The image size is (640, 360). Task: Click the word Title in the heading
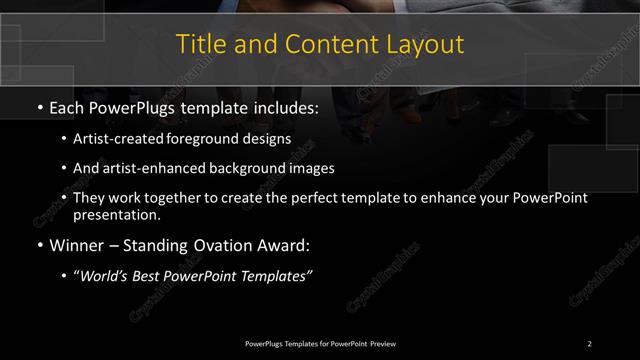pyautogui.click(x=199, y=44)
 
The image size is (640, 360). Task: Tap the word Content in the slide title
pyautogui.click(x=330, y=44)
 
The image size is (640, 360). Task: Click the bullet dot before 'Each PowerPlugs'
pyautogui.click(x=38, y=105)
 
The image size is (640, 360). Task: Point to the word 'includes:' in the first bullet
pyautogui.click(x=282, y=105)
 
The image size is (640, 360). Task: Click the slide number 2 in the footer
pyautogui.click(x=589, y=343)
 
